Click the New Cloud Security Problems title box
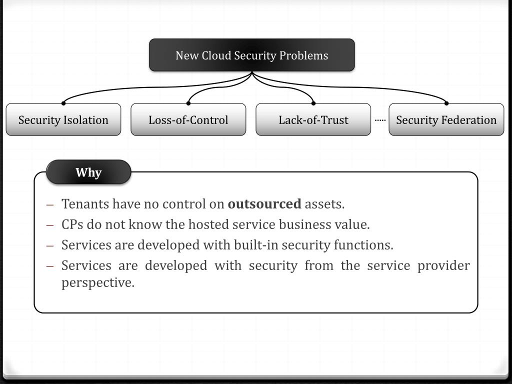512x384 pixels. click(x=252, y=55)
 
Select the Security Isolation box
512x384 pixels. click(x=63, y=120)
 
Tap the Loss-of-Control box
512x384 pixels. click(x=188, y=120)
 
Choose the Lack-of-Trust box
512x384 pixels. click(x=313, y=120)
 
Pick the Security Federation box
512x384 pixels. click(x=446, y=120)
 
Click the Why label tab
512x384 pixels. click(x=88, y=172)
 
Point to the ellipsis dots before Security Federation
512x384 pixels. click(x=380, y=120)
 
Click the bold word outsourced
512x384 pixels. click(x=264, y=204)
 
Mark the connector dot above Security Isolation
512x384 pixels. click(x=63, y=103)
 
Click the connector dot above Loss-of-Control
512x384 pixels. click(x=188, y=103)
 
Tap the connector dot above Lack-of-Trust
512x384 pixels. click(x=313, y=103)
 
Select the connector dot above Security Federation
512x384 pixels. click(x=446, y=103)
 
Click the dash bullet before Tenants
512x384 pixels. click(x=49, y=204)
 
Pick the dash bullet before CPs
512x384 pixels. click(x=49, y=225)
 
